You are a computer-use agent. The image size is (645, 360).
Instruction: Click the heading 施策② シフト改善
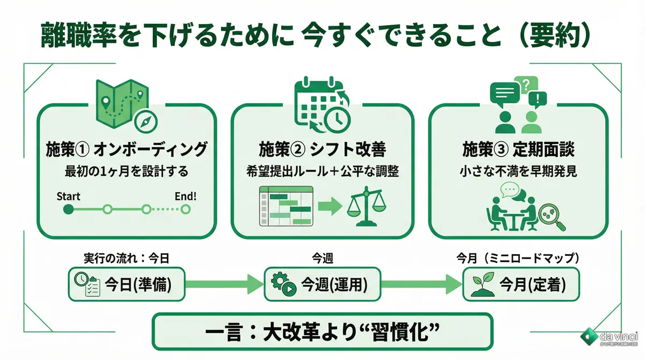(x=322, y=149)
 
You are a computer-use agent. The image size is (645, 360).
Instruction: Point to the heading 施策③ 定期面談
(x=518, y=149)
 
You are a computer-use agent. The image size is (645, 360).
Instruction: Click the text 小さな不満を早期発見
(x=518, y=172)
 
